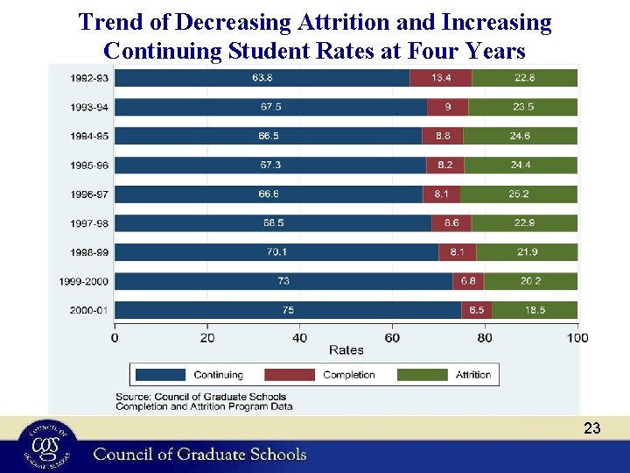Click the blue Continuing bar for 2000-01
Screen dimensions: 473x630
click(288, 310)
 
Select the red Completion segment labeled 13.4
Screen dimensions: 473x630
click(440, 78)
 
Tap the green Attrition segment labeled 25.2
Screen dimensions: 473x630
click(519, 194)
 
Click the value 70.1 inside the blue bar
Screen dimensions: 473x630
click(276, 252)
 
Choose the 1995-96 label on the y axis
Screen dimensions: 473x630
click(90, 165)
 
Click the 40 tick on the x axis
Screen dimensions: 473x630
click(300, 337)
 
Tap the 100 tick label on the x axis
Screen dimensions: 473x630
click(577, 337)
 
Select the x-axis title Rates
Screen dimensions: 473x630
click(346, 350)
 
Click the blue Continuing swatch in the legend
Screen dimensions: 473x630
click(160, 375)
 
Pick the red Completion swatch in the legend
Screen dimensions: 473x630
click(290, 375)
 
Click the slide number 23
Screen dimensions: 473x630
click(592, 428)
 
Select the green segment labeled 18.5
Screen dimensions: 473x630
click(534, 310)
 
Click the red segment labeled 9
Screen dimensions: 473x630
click(447, 107)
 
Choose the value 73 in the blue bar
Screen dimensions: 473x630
click(283, 281)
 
